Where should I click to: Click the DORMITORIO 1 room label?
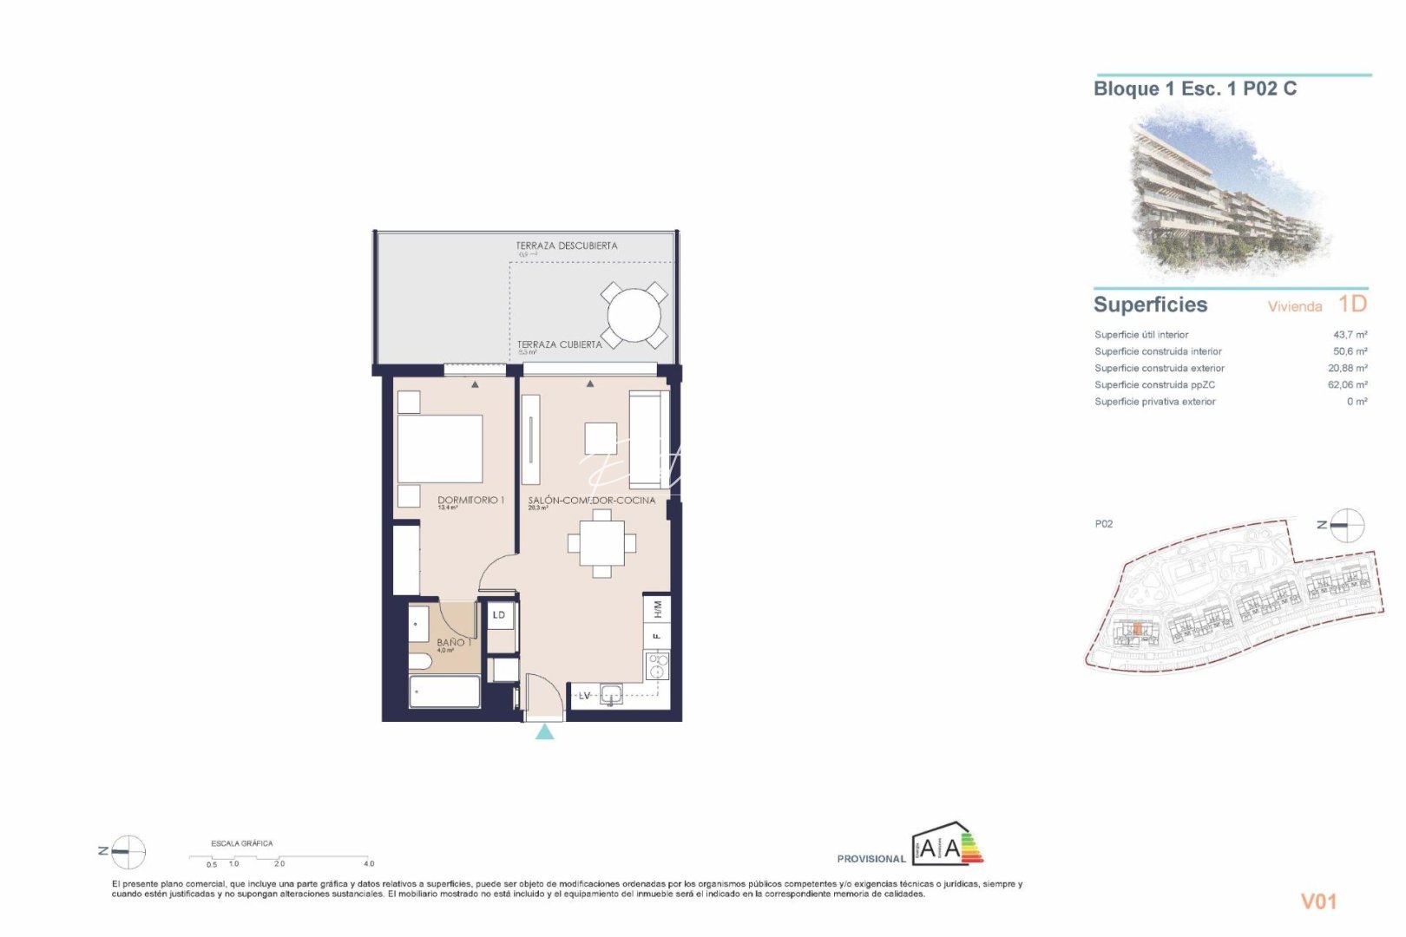click(470, 500)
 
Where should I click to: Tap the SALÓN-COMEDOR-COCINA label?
click(591, 501)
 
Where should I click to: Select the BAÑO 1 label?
click(454, 642)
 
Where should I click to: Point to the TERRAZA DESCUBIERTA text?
click(566, 246)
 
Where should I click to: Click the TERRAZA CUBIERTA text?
click(559, 344)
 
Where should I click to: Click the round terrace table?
click(634, 314)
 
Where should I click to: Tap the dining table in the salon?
click(601, 544)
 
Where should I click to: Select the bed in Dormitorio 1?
click(439, 449)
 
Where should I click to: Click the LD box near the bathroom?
click(499, 615)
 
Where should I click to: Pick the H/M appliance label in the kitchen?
click(657, 609)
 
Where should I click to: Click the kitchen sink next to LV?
click(611, 694)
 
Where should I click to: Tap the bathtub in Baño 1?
click(444, 691)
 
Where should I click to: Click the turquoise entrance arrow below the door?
click(544, 732)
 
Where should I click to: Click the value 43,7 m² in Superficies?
click(1350, 335)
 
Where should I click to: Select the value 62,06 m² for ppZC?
click(1347, 385)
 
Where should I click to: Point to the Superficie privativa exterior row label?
click(1154, 402)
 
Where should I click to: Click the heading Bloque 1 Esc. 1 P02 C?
click(1194, 88)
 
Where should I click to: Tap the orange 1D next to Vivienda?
click(1351, 304)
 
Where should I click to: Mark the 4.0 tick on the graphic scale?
click(369, 863)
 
